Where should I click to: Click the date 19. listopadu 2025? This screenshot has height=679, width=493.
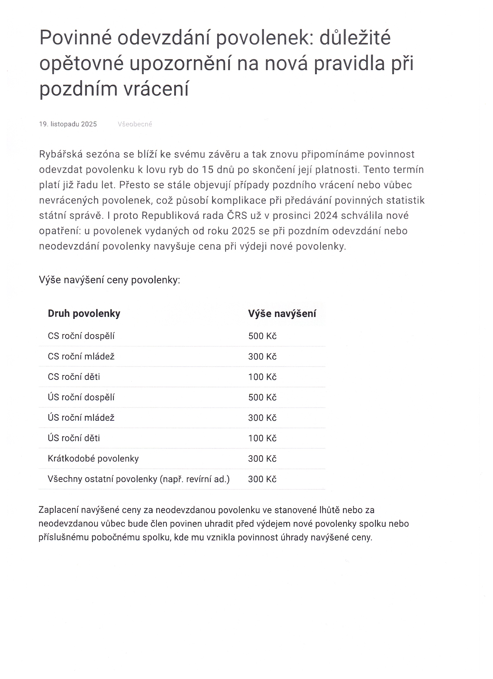[68, 124]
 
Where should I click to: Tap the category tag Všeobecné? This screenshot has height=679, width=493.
[135, 124]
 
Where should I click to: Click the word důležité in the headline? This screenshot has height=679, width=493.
[355, 38]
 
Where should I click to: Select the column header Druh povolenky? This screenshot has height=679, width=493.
[84, 313]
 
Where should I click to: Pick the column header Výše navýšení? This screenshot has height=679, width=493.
[282, 313]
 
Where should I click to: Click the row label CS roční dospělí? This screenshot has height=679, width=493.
[81, 336]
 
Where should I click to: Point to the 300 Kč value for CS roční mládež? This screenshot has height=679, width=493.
[262, 357]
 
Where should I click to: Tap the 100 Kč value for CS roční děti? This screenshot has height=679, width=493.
[262, 377]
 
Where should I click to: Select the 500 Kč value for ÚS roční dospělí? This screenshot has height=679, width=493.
[262, 397]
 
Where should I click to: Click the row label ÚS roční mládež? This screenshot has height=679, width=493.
[81, 418]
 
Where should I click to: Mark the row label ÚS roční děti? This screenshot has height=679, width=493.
[74, 438]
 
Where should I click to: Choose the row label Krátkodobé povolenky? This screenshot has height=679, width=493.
[93, 459]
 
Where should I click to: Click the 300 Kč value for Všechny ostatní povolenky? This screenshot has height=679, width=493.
[262, 479]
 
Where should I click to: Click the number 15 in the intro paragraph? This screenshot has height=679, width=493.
[207, 170]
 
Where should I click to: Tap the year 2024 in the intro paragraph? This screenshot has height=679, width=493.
[326, 215]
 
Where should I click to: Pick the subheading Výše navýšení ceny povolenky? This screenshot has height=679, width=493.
[109, 280]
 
